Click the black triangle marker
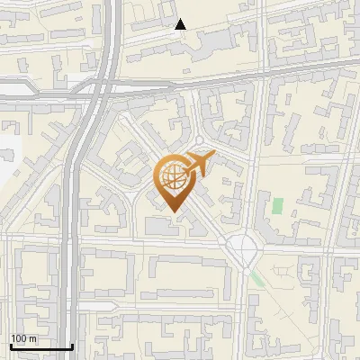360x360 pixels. tap(180, 24)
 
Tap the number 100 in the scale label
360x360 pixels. tap(20, 338)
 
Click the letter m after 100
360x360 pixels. tap(33, 338)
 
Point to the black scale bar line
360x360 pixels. tap(40, 346)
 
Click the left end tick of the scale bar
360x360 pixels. tap(11, 345)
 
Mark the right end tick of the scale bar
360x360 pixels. tap(71, 345)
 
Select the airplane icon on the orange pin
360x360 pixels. tap(199, 164)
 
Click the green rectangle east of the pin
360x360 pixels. tap(277, 205)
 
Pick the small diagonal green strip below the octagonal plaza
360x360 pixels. tap(257, 278)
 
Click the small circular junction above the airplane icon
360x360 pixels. tap(200, 141)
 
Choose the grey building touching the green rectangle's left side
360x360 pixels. tap(267, 207)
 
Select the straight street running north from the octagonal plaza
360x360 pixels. tap(248, 180)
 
